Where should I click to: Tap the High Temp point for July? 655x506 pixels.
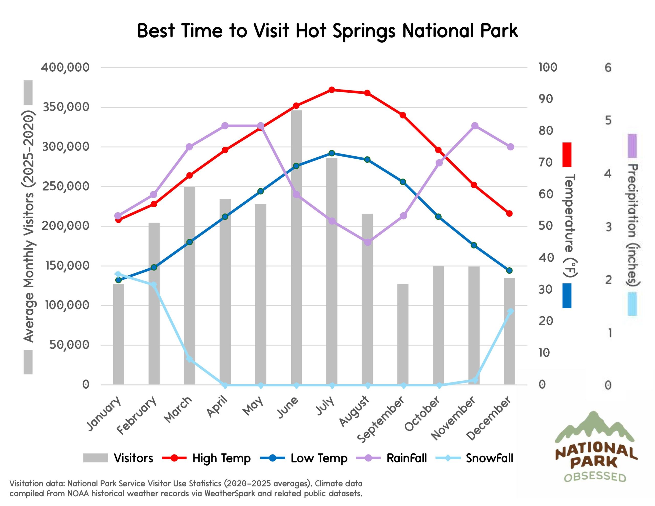pyautogui.click(x=332, y=90)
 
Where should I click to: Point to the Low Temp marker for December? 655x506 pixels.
pyautogui.click(x=509, y=271)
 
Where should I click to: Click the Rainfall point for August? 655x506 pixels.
pyautogui.click(x=368, y=242)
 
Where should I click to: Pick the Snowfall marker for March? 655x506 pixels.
pyautogui.click(x=189, y=359)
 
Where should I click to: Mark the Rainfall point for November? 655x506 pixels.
pyautogui.click(x=474, y=126)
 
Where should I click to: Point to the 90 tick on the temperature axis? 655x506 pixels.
pyautogui.click(x=545, y=99)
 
